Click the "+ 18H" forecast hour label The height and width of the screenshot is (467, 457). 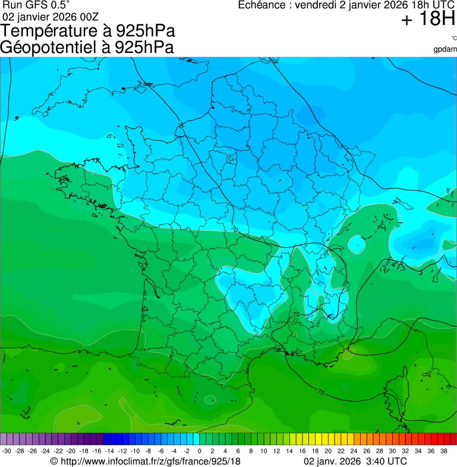pyautogui.click(x=427, y=20)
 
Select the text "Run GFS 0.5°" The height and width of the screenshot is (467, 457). pyautogui.click(x=36, y=5)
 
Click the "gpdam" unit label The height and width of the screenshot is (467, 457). pyautogui.click(x=445, y=49)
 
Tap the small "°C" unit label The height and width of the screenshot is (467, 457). pyautogui.click(x=453, y=39)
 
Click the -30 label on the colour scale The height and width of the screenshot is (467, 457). pyautogui.click(x=6, y=451)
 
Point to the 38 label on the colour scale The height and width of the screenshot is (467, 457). pyautogui.click(x=443, y=451)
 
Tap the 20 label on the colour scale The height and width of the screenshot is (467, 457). pyautogui.click(x=327, y=451)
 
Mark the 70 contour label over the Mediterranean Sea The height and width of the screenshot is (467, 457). pyautogui.click(x=321, y=393)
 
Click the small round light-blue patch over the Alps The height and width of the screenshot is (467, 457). pyautogui.click(x=357, y=244)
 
